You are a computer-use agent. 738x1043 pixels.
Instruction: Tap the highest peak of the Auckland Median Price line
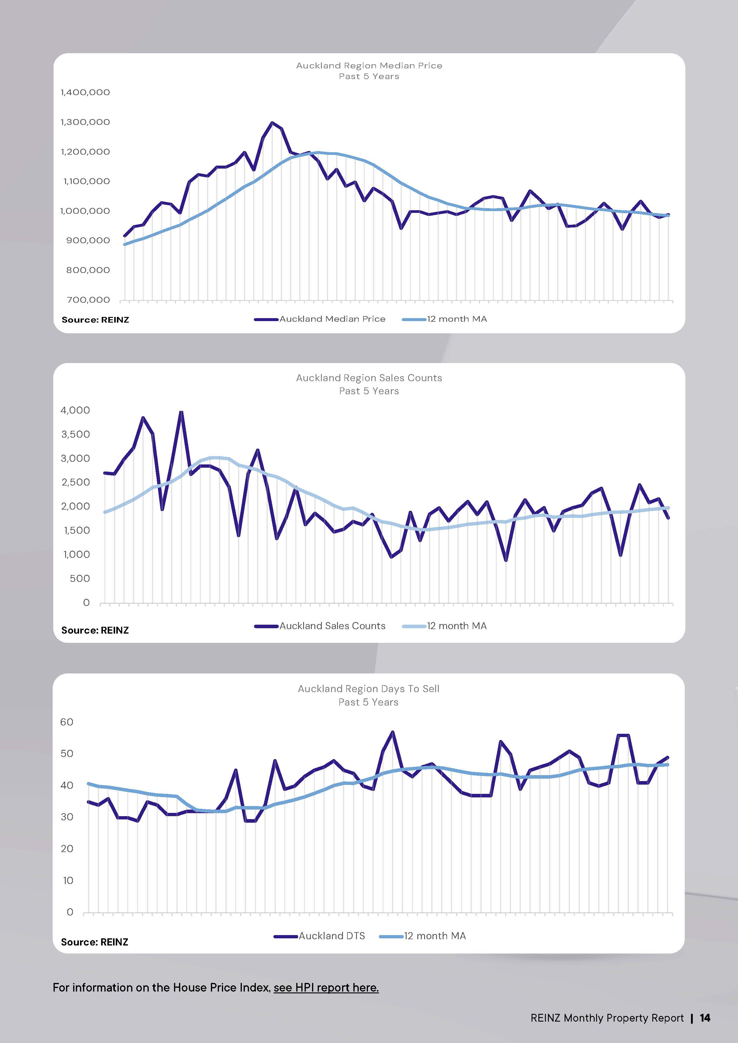pyautogui.click(x=272, y=123)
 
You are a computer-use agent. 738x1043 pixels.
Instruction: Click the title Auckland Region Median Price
pyautogui.click(x=369, y=65)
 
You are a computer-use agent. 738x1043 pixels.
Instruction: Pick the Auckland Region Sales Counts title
pyautogui.click(x=369, y=378)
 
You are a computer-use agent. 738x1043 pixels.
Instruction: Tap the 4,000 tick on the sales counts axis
pyautogui.click(x=76, y=410)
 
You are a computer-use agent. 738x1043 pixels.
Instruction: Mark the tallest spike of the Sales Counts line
pyautogui.click(x=181, y=412)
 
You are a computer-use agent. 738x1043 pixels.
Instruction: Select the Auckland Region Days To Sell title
pyautogui.click(x=369, y=689)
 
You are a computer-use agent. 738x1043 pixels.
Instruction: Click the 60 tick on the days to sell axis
pyautogui.click(x=67, y=722)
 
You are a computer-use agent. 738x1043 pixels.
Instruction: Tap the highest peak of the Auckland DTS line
pyautogui.click(x=393, y=732)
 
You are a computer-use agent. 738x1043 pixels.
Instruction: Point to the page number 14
pyautogui.click(x=705, y=1018)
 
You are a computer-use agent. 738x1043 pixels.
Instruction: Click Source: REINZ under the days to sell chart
pyautogui.click(x=95, y=942)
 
